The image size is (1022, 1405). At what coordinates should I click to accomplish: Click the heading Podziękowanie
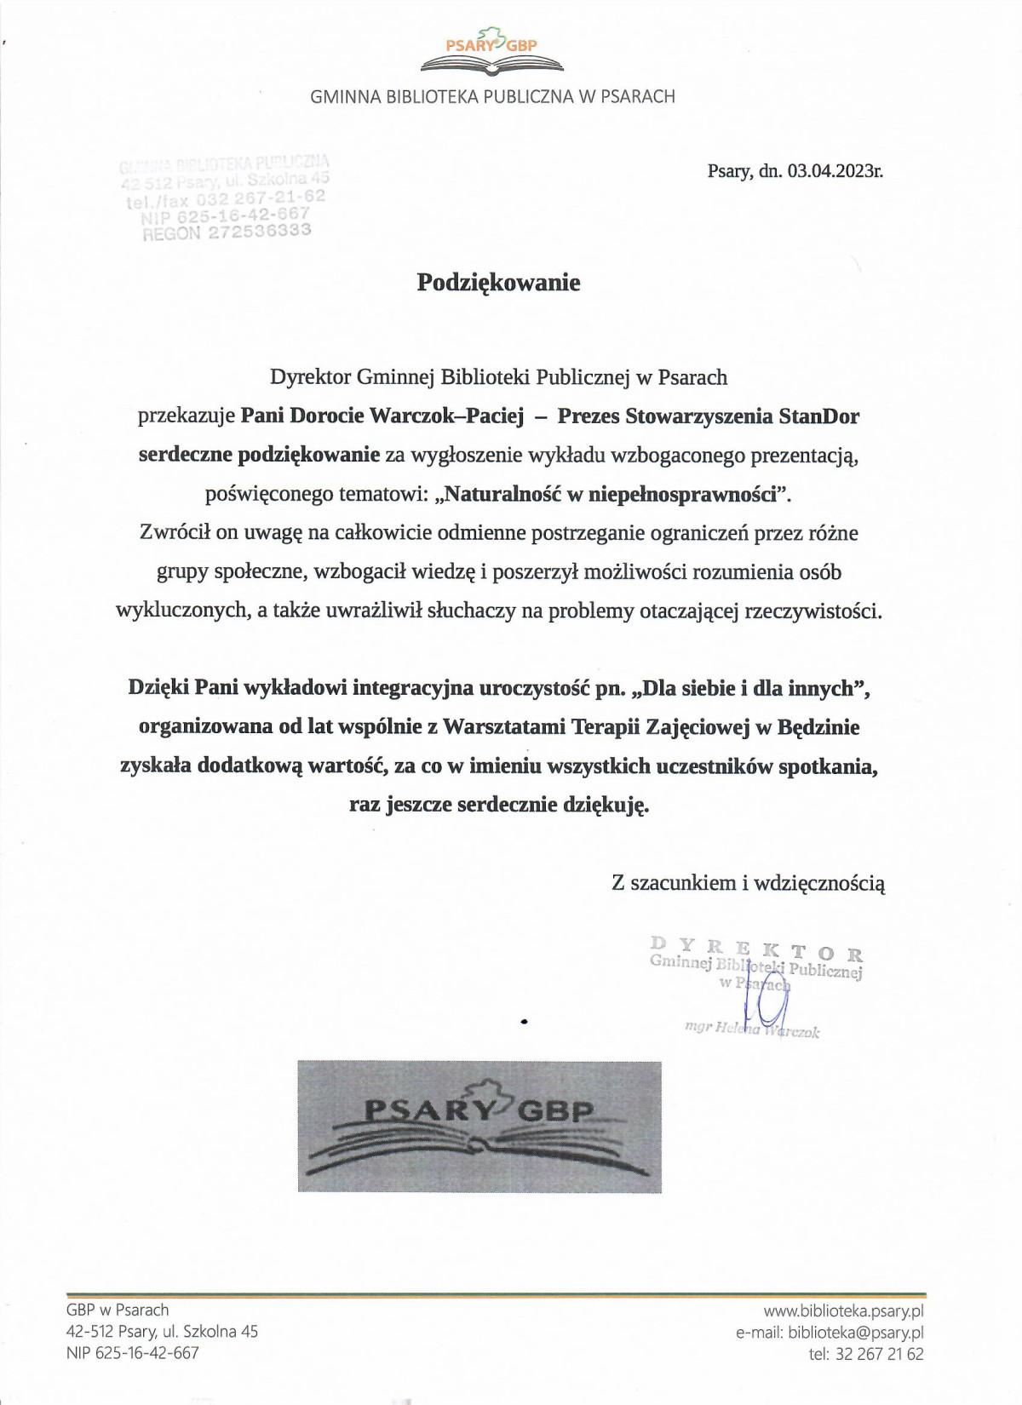[x=498, y=283]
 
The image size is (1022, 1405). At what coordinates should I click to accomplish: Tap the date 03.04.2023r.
[x=835, y=171]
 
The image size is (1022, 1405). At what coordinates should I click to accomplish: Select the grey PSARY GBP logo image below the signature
[x=479, y=1127]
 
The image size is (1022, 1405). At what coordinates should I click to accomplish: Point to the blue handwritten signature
[x=766, y=1001]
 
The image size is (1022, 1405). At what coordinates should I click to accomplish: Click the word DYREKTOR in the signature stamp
[x=755, y=949]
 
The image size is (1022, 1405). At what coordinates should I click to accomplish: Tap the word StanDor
[x=818, y=416]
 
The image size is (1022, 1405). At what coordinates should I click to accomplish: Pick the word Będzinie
[x=818, y=727]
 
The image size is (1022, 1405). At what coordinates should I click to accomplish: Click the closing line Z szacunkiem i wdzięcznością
[x=748, y=883]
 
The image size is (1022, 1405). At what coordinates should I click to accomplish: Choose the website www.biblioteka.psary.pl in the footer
[x=843, y=1311]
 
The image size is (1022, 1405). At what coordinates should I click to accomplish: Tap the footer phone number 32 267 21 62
[x=879, y=1354]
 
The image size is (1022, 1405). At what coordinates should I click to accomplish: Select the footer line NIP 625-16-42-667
[x=133, y=1352]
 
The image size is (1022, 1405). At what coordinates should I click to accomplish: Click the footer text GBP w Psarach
[x=118, y=1310]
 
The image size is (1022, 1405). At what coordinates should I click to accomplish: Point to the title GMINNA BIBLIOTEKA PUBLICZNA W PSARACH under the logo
[x=492, y=97]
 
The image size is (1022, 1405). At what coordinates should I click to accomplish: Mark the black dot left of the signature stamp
[x=524, y=1020]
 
